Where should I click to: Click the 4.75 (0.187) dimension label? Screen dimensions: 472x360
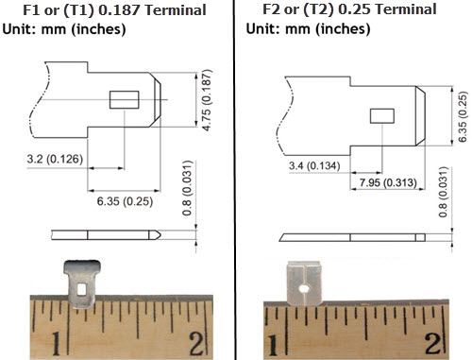(x=207, y=100)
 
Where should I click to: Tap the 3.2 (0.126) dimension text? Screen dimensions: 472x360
(x=55, y=159)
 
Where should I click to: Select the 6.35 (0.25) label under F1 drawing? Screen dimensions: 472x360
(x=125, y=201)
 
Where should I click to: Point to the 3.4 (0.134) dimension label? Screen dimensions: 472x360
(x=314, y=165)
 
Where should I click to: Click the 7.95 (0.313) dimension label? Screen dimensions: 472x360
(x=388, y=182)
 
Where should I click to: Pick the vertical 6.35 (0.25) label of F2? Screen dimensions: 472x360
(x=462, y=116)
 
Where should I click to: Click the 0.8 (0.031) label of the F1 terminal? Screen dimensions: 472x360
(x=187, y=188)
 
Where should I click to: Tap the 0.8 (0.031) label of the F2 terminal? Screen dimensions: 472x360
(x=443, y=192)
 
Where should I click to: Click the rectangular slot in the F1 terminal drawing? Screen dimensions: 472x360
(x=125, y=99)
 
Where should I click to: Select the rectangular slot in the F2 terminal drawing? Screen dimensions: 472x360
(x=382, y=116)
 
